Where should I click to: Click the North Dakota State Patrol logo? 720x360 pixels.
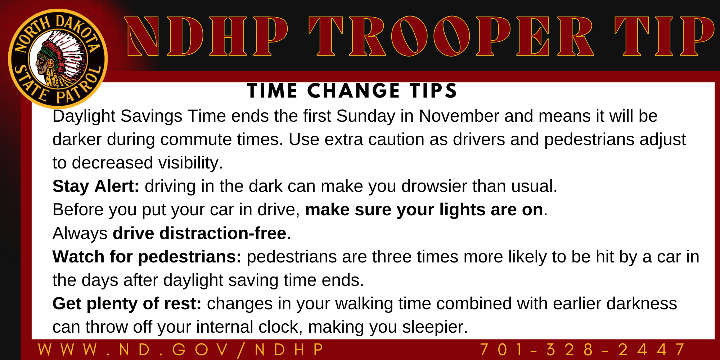[x=58, y=59]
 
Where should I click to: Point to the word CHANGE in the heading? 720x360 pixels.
[x=354, y=91]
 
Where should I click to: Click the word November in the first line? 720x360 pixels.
[x=459, y=116]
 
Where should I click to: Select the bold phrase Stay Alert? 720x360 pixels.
[x=96, y=186]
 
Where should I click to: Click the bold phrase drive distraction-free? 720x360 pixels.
[x=199, y=233]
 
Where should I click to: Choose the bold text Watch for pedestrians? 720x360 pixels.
[x=147, y=257]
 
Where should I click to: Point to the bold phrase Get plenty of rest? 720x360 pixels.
[x=127, y=304]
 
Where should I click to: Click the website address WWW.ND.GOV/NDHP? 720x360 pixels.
[x=181, y=350]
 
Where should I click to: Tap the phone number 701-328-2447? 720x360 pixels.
[x=582, y=350]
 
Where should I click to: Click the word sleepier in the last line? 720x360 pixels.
[x=435, y=327]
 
